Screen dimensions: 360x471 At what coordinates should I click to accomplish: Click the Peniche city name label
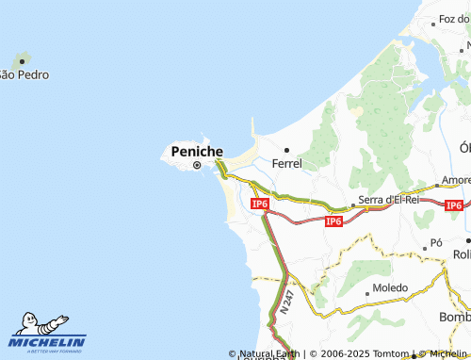tap(197, 151)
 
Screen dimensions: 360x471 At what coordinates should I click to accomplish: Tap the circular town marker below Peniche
tap(197, 166)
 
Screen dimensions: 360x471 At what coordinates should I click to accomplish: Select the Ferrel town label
tap(286, 163)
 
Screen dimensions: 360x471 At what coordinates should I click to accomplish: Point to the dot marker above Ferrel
tap(286, 149)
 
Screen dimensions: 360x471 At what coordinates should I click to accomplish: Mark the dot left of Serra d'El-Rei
tap(353, 203)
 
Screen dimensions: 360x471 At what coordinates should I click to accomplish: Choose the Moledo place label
tap(390, 287)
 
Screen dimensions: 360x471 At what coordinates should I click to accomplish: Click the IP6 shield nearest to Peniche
tap(261, 204)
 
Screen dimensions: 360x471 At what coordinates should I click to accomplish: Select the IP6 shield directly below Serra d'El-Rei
tap(333, 221)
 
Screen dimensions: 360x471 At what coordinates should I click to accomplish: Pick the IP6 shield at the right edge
tap(453, 205)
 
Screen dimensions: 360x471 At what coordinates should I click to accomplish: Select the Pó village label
tap(436, 242)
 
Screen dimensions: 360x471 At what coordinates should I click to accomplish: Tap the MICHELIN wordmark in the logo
tap(48, 341)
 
